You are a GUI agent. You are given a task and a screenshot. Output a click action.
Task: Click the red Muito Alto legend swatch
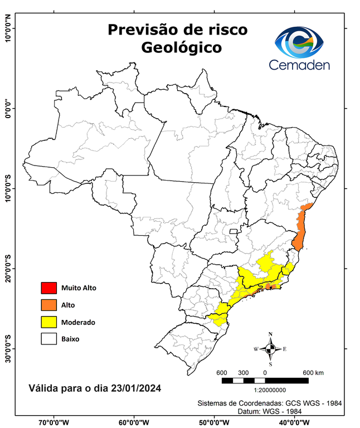48,288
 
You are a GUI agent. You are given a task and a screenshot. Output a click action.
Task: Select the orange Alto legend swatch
48,305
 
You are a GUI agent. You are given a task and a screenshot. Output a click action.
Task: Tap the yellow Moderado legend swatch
48,322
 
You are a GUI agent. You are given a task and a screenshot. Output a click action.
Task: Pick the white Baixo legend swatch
48,338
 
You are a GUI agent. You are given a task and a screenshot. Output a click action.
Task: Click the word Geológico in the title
181,48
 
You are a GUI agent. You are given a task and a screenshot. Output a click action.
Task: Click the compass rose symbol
270,349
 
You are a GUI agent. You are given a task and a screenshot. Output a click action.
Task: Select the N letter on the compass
270,335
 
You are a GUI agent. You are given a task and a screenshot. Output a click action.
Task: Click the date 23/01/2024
135,386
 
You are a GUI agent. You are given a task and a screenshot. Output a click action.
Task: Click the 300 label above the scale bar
243,372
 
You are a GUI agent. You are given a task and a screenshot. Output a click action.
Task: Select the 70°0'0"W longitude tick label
54,422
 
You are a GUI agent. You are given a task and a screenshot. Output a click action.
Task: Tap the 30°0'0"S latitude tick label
8,348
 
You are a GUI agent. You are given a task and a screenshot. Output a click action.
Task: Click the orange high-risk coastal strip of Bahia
301,228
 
